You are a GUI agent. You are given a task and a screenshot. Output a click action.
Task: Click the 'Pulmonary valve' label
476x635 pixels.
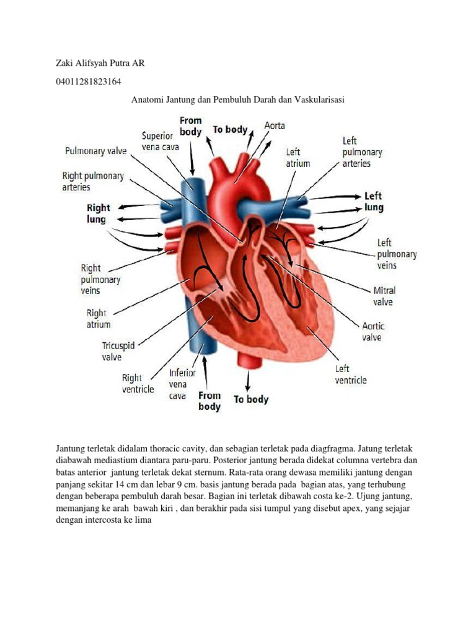96,151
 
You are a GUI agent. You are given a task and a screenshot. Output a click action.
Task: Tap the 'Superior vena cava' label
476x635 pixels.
157,141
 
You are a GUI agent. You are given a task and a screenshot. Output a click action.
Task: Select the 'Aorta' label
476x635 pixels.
275,126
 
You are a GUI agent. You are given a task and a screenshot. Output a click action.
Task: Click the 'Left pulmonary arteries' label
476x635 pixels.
362,152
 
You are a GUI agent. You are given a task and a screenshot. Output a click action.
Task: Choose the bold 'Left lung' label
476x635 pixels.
374,202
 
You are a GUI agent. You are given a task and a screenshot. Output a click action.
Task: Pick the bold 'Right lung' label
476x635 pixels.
98,213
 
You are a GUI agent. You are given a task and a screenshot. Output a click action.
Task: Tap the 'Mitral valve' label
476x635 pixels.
384,296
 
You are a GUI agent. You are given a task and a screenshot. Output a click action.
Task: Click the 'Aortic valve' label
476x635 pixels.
372,332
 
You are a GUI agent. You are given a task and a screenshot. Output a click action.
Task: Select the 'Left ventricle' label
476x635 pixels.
351,374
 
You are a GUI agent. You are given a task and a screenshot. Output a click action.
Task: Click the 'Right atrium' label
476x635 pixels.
99,318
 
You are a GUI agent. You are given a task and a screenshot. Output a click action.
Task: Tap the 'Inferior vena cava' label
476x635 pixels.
182,384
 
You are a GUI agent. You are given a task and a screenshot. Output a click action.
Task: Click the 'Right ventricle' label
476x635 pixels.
138,383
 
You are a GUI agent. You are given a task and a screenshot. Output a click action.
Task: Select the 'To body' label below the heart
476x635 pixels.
251,399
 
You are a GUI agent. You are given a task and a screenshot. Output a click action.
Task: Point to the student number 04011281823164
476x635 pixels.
89,81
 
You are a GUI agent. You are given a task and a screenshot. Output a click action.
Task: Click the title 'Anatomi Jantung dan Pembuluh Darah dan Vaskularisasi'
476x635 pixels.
238,99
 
